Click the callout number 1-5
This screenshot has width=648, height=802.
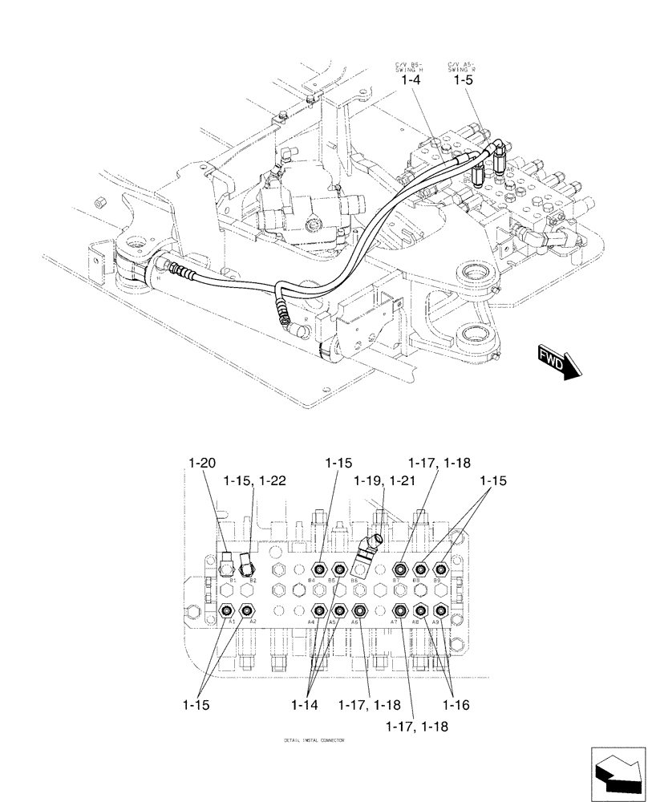pos(462,81)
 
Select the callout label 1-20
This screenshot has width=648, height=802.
pos(202,463)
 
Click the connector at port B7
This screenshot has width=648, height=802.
pos(399,569)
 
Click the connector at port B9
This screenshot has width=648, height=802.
pos(439,569)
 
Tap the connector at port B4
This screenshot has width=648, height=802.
pos(319,569)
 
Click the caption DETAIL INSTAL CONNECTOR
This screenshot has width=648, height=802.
pos(314,740)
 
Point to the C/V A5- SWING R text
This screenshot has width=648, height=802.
pos(463,66)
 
